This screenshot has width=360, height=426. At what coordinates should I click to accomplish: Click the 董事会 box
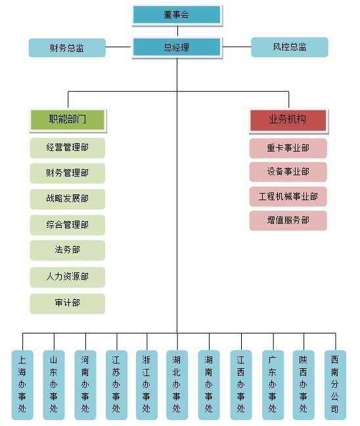point(177,15)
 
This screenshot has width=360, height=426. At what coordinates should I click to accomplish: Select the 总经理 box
point(177,47)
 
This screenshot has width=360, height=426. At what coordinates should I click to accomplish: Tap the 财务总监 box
point(67,48)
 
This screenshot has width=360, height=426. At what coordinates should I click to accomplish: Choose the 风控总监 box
point(290,47)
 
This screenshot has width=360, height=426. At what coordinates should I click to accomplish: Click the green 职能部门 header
point(68,120)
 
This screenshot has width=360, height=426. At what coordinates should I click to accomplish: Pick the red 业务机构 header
point(288,121)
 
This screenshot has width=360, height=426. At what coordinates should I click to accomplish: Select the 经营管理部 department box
point(68,148)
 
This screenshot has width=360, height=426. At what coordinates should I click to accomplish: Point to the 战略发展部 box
point(68,199)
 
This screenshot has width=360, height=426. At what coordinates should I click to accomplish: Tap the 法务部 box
point(68,250)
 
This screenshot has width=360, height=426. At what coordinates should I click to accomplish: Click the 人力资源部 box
point(68,277)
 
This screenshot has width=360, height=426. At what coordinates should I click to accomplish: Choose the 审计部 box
point(68,303)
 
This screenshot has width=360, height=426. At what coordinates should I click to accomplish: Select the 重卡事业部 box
point(288,148)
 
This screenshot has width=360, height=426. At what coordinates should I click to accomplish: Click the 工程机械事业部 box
point(288,196)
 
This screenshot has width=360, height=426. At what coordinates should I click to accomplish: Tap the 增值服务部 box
point(288,221)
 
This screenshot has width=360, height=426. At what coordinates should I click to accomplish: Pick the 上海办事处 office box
point(22,385)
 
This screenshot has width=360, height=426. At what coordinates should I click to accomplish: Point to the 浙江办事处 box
point(146,385)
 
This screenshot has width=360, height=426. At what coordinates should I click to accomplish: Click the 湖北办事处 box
point(177,385)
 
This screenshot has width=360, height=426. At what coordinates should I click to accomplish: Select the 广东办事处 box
point(273,385)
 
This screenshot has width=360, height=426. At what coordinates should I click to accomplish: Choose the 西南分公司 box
point(335,385)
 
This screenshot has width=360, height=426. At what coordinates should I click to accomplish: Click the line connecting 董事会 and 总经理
point(177,32)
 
